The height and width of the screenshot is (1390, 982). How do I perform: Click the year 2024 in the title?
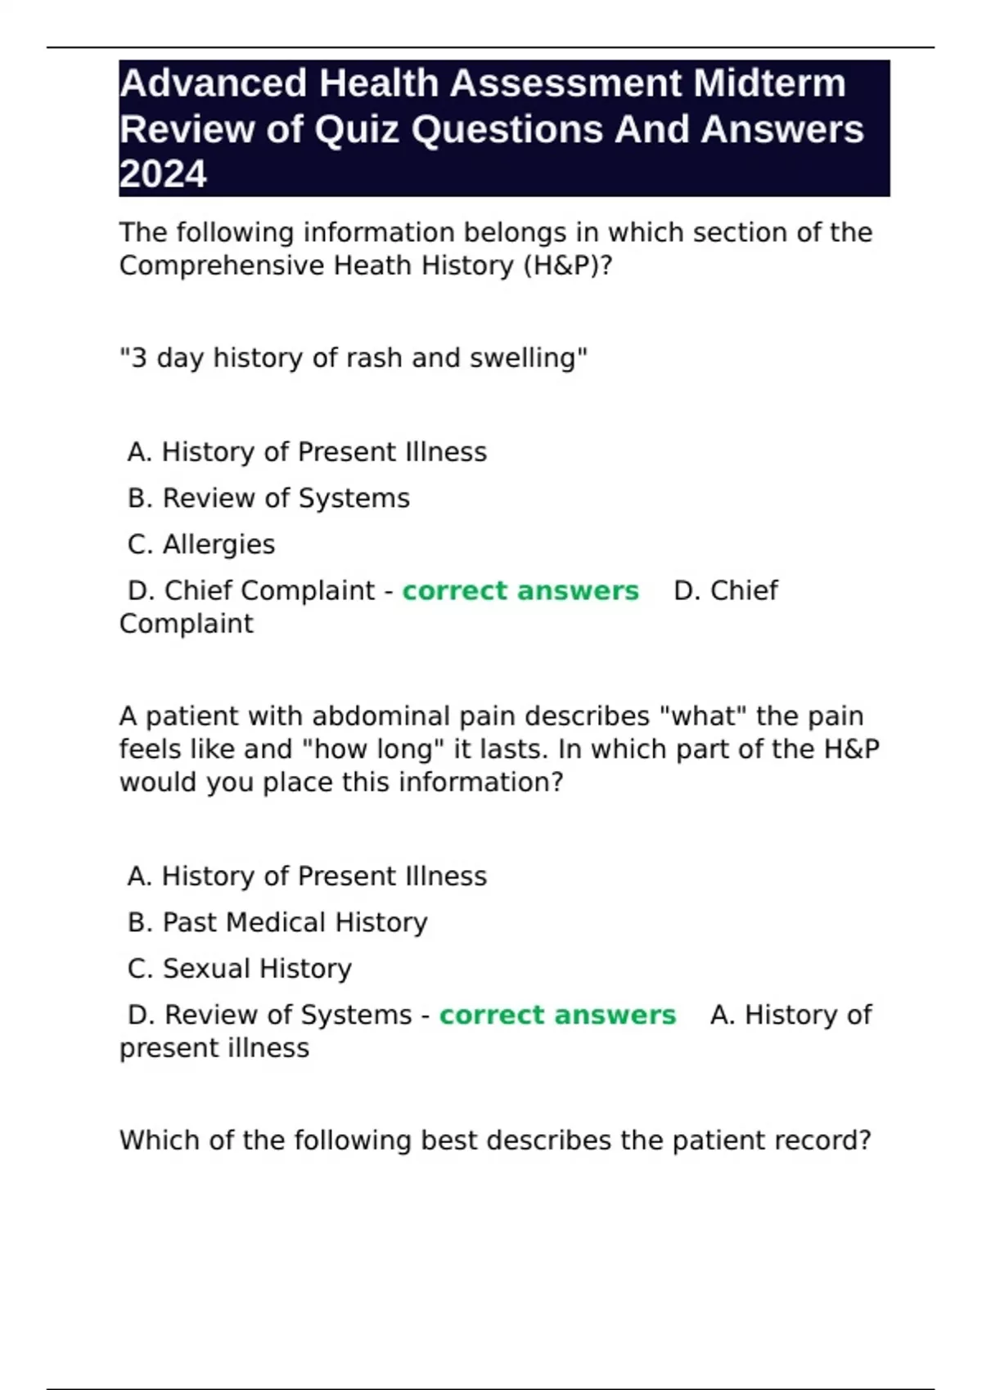tap(163, 174)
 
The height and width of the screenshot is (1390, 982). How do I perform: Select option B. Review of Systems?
tap(268, 498)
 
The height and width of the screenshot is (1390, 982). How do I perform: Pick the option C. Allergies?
tap(201, 545)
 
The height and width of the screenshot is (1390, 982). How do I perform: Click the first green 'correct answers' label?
tap(520, 590)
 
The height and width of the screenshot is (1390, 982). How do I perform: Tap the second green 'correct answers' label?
tap(557, 1015)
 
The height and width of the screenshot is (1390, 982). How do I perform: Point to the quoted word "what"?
tap(704, 716)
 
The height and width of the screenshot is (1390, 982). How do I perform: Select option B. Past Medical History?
tap(277, 922)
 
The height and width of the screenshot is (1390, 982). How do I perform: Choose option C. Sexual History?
tap(240, 968)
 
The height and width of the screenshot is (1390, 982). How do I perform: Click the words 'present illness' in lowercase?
tap(214, 1048)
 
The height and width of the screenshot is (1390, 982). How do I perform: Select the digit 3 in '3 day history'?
tap(139, 358)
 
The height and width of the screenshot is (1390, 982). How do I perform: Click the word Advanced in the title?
tap(214, 83)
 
